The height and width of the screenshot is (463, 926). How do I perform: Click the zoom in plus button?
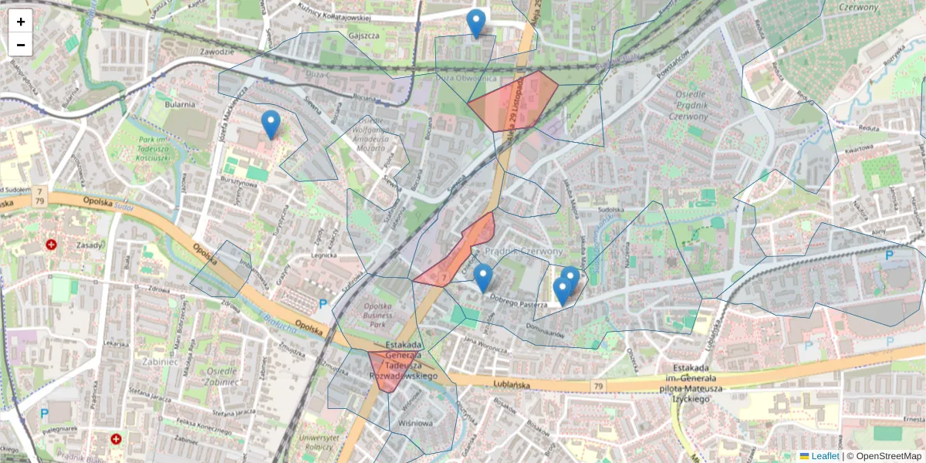(21, 22)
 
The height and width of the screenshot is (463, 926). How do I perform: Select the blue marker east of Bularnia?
(270, 123)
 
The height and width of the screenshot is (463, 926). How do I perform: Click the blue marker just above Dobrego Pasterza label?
(483, 277)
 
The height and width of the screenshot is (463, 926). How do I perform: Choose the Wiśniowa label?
(415, 424)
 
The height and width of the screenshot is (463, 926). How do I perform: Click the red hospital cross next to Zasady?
(52, 245)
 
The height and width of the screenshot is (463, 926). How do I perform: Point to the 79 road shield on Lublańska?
(599, 385)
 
